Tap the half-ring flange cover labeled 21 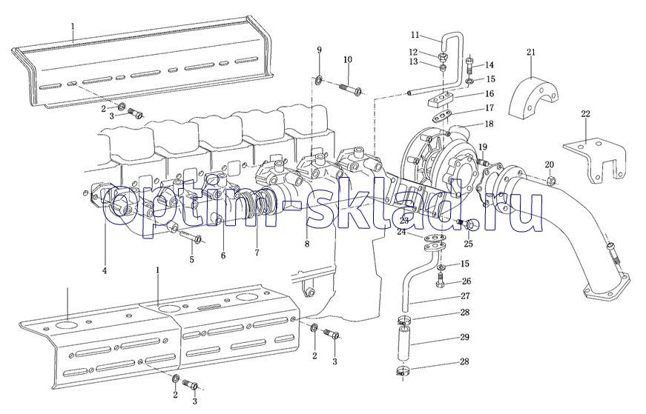coord(534,98)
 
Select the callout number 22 coord(585,114)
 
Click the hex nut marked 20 coord(552,180)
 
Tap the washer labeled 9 coord(320,79)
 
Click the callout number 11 coord(415,35)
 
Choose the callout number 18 coord(489,124)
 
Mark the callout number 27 coord(465,296)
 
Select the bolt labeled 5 coord(191,237)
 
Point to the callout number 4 coord(105,271)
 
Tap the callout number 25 coord(469,244)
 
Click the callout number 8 coord(307,244)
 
